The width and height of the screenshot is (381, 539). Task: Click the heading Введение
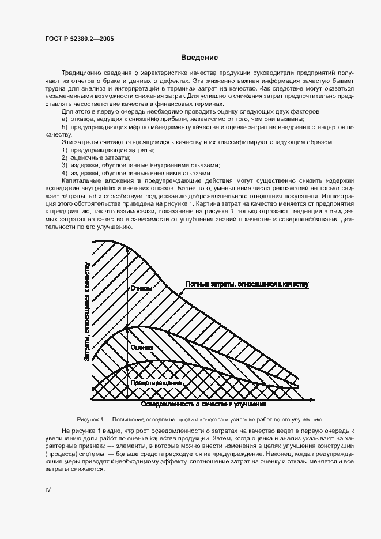point(199,58)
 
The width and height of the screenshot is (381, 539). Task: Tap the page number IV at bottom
point(48,489)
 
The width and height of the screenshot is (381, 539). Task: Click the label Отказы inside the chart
point(141,288)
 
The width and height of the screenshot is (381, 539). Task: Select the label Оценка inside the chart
point(141,348)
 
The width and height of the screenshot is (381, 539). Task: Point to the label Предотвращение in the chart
point(156,382)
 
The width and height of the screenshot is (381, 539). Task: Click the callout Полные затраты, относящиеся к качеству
point(247,284)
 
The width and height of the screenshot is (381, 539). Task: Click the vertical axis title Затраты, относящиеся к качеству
point(88,311)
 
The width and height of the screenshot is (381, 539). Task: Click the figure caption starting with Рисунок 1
point(199,419)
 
